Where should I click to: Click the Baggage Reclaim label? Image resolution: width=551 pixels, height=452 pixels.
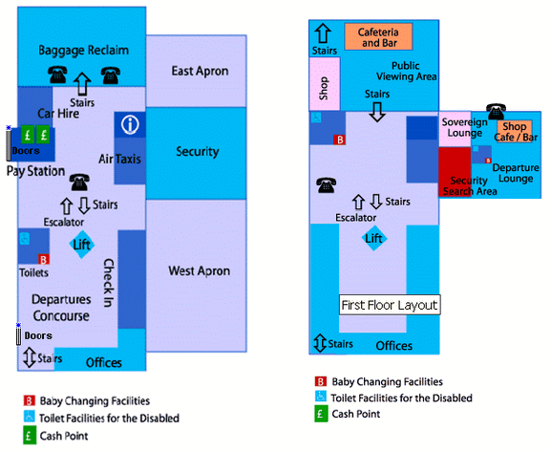pyautogui.click(x=84, y=51)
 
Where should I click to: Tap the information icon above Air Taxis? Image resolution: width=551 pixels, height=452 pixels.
pyautogui.click(x=130, y=124)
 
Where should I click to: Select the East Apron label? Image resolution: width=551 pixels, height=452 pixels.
pyautogui.click(x=200, y=71)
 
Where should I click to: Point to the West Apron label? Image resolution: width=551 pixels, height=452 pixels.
pyautogui.click(x=200, y=270)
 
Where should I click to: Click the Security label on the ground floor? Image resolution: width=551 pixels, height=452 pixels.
pyautogui.click(x=198, y=152)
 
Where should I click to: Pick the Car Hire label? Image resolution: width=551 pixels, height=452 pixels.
pyautogui.click(x=58, y=114)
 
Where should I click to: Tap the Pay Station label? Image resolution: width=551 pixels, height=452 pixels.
pyautogui.click(x=36, y=171)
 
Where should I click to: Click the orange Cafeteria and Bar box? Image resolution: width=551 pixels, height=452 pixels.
pyautogui.click(x=378, y=36)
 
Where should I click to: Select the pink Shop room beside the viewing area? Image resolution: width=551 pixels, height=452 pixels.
pyautogui.click(x=325, y=84)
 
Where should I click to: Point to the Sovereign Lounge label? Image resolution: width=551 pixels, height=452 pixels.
pyautogui.click(x=464, y=128)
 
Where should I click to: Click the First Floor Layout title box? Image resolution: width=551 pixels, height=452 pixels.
pyautogui.click(x=390, y=305)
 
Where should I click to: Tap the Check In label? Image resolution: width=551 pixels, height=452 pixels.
pyautogui.click(x=109, y=283)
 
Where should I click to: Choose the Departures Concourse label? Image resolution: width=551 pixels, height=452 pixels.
pyautogui.click(x=61, y=308)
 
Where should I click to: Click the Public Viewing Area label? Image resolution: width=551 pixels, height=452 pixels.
pyautogui.click(x=406, y=71)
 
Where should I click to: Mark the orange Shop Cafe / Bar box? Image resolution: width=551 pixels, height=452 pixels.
pyautogui.click(x=515, y=131)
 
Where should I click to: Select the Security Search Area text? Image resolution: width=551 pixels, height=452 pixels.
pyautogui.click(x=470, y=185)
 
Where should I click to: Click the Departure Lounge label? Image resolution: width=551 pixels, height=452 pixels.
pyautogui.click(x=516, y=173)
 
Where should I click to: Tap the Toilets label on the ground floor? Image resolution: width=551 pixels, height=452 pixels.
pyautogui.click(x=33, y=272)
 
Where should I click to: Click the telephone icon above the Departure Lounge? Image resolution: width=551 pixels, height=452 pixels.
pyautogui.click(x=496, y=112)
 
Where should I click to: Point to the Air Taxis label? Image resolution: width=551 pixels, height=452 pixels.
pyautogui.click(x=119, y=159)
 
